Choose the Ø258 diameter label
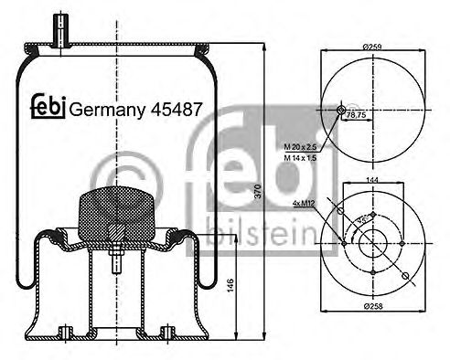372,332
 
